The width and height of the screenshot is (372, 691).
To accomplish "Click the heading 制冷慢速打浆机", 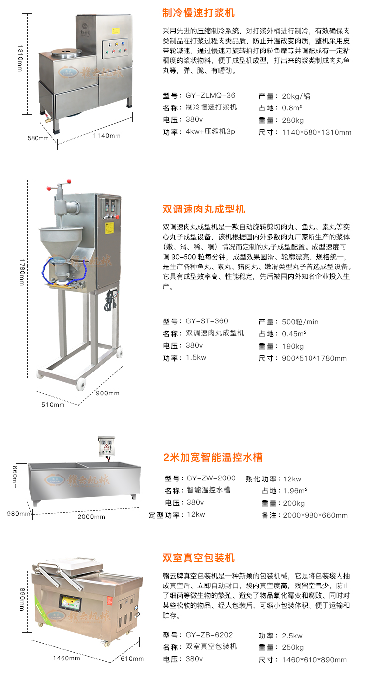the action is pyautogui.click(x=198, y=13).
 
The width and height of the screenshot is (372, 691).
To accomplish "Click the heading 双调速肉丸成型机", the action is pyautogui.click(x=204, y=209).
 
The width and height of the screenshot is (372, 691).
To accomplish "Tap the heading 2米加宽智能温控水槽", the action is pyautogui.click(x=213, y=457).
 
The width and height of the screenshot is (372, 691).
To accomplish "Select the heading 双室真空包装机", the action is pyautogui.click(x=198, y=558).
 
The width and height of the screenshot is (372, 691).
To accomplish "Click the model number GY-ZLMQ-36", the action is pyautogui.click(x=210, y=95).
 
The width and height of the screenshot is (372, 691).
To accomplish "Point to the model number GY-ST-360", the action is pyautogui.click(x=207, y=321).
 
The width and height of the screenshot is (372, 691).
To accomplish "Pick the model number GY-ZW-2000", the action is pyautogui.click(x=211, y=478).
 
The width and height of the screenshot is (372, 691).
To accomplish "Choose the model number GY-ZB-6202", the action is pyautogui.click(x=209, y=635).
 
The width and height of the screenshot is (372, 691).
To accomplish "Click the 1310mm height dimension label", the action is pyautogui.click(x=20, y=58).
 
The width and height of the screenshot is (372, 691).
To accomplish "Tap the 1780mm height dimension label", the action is pyautogui.click(x=22, y=272).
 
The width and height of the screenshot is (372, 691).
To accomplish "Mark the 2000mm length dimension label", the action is pyautogui.click(x=91, y=517).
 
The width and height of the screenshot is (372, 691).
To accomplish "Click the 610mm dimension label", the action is pyautogui.click(x=132, y=659).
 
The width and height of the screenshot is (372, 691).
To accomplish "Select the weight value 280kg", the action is pyautogui.click(x=293, y=121).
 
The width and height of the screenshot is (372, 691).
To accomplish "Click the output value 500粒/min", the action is pyautogui.click(x=300, y=322).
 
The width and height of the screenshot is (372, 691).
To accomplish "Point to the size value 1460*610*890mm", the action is pyautogui.click(x=314, y=660).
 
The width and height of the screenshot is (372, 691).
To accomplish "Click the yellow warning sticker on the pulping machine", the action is pyautogui.click(x=116, y=31).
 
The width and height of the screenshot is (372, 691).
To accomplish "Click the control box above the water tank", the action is pyautogui.click(x=106, y=446).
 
